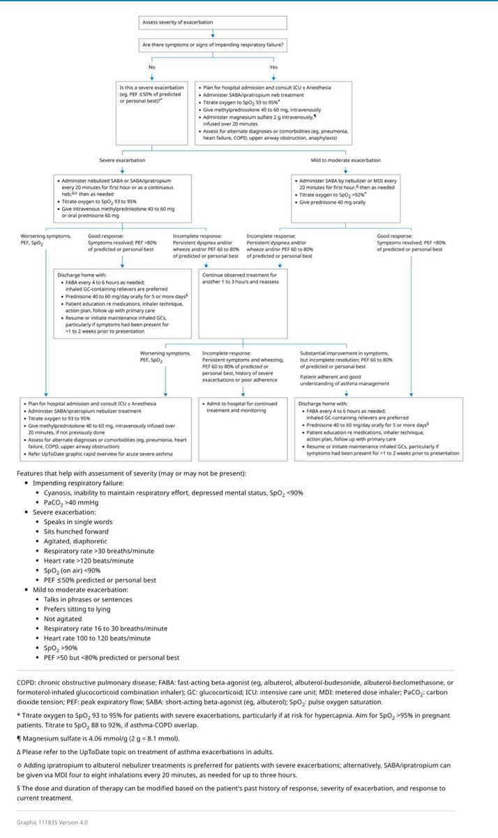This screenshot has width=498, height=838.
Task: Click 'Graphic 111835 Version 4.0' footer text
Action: click(52, 822)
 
